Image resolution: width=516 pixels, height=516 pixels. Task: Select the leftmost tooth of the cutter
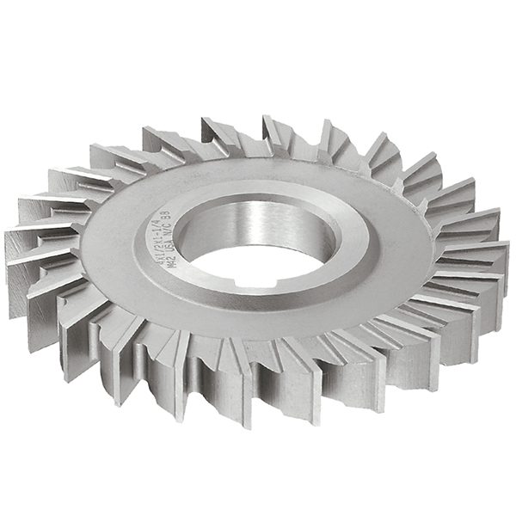(x=26, y=249)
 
